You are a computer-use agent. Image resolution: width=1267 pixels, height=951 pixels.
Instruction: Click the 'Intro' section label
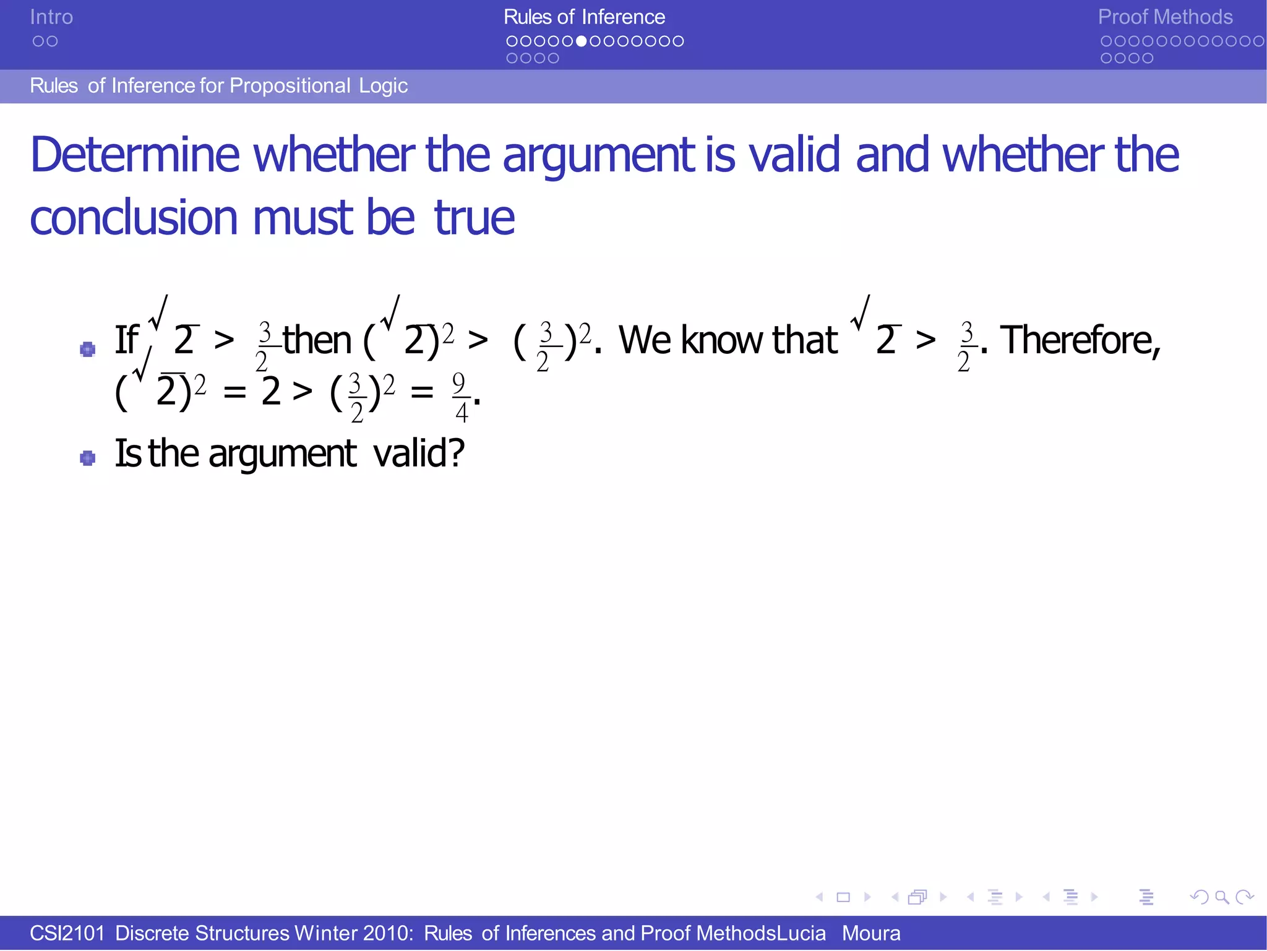pyautogui.click(x=51, y=17)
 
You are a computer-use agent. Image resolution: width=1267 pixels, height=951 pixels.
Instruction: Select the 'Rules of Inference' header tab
pyautogui.click(x=584, y=17)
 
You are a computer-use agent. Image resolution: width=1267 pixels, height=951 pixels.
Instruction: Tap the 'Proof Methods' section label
pyautogui.click(x=1165, y=17)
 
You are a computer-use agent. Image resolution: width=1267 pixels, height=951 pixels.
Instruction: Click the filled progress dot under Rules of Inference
pyautogui.click(x=581, y=41)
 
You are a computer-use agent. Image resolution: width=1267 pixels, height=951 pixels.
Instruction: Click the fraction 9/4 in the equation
pyautogui.click(x=460, y=397)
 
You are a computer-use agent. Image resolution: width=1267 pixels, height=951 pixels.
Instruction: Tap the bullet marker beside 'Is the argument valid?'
pyautogui.click(x=88, y=458)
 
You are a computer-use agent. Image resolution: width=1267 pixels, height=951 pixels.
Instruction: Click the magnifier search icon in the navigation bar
pyautogui.click(x=1221, y=897)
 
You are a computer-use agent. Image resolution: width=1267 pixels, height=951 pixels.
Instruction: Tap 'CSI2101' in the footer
pyautogui.click(x=67, y=933)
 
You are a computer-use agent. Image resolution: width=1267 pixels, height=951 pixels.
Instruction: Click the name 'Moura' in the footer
pyautogui.click(x=870, y=933)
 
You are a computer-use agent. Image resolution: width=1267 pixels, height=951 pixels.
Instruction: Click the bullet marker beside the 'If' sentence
pyautogui.click(x=88, y=350)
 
